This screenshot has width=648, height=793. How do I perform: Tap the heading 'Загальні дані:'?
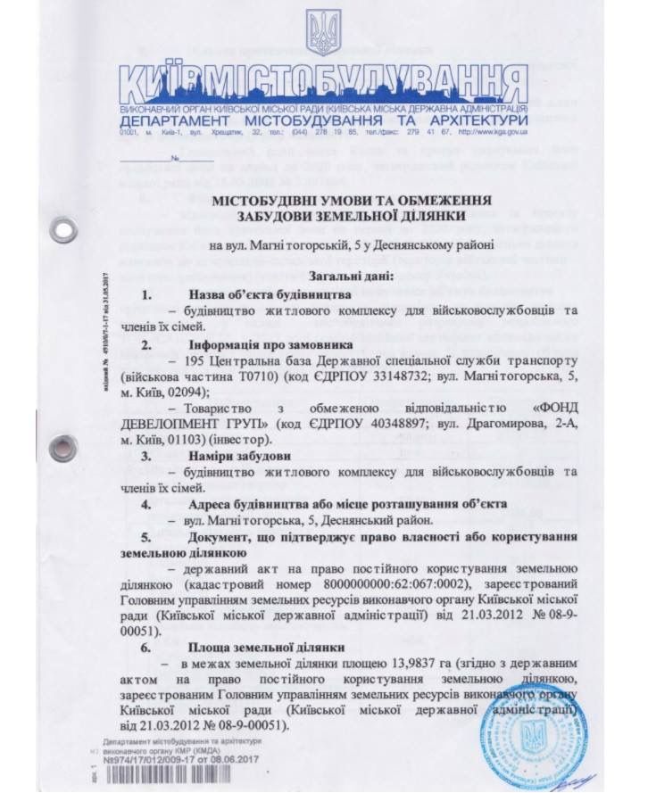point(324,277)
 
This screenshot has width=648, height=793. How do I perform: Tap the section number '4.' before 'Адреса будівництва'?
point(146,504)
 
